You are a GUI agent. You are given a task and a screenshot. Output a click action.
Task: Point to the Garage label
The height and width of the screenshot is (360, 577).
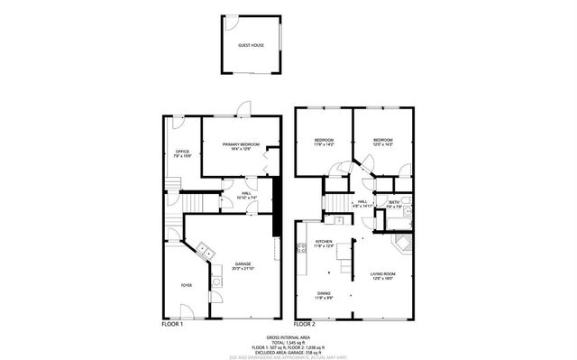(242, 266)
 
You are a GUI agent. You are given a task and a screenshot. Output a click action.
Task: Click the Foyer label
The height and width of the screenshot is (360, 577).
(186, 285)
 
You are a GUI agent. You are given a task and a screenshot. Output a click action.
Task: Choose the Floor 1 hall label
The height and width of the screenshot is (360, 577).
(245, 195)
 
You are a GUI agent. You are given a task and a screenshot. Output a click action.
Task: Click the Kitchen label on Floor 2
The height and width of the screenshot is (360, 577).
(325, 244)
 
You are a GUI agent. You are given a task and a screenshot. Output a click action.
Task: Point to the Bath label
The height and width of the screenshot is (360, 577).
(395, 204)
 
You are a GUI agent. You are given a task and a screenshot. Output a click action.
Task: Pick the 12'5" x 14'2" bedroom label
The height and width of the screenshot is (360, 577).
(383, 142)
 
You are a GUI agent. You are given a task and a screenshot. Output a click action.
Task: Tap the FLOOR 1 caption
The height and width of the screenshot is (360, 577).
(171, 322)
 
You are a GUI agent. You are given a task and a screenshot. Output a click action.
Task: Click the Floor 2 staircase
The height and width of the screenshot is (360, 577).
(335, 200)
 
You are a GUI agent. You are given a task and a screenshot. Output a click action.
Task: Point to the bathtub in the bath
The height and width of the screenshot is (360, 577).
(408, 214)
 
